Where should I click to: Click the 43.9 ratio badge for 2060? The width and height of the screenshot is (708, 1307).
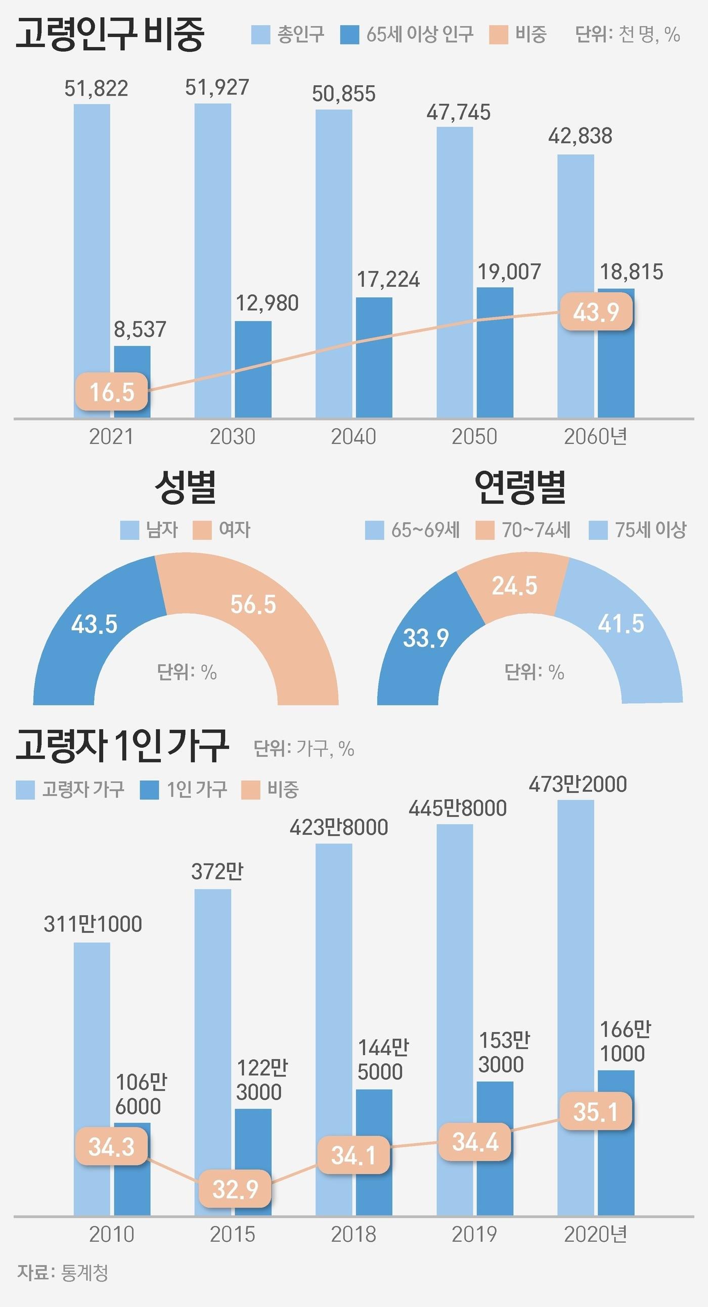pos(596,311)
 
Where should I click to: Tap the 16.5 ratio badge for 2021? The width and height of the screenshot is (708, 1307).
pos(112,392)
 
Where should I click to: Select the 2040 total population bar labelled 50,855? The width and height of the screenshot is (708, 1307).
pos(333,264)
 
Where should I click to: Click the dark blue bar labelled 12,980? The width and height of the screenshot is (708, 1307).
pos(253,369)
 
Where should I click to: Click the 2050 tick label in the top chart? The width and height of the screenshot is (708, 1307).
pos(474,437)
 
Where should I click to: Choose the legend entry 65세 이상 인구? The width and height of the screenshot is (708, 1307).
pos(407,34)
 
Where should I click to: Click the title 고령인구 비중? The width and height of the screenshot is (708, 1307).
pos(110,33)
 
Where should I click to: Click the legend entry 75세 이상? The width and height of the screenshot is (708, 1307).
pos(638,530)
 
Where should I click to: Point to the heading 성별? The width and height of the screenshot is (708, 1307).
pos(185,486)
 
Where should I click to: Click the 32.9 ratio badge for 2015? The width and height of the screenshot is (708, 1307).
pos(235,1189)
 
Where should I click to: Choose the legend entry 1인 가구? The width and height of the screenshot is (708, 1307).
pos(184,789)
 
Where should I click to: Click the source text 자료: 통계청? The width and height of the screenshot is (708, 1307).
pos(63,1273)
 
